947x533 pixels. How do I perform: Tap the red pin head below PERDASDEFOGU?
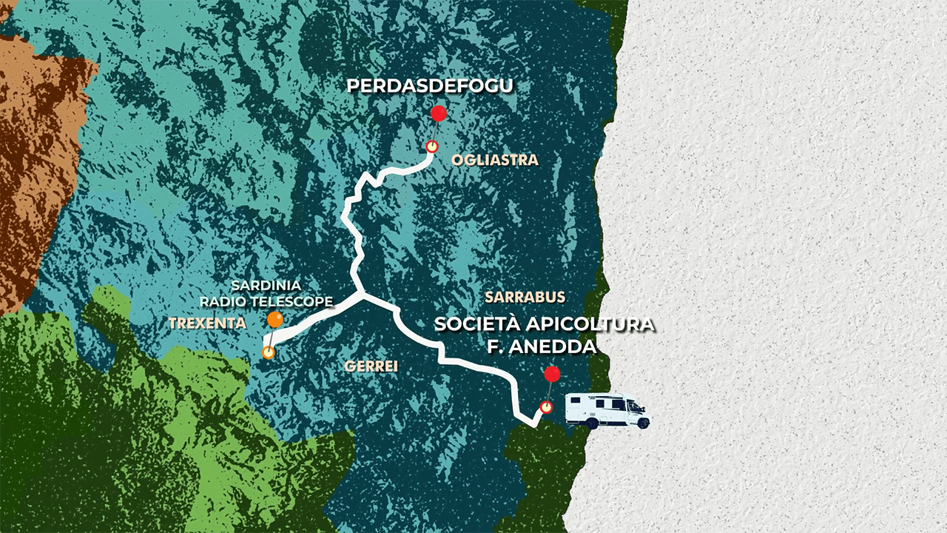439,114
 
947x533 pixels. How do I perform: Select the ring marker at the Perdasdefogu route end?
431,146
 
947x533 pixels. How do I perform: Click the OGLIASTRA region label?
494,160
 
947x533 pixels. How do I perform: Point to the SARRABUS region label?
525,297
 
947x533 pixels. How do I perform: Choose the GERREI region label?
371,366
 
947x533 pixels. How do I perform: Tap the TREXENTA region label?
207,323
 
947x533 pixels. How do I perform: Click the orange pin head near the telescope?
275,320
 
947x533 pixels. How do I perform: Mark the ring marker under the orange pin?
269,352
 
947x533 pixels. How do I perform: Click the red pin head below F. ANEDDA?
551,374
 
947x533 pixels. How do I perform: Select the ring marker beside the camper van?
546,407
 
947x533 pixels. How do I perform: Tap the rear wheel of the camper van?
592,423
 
